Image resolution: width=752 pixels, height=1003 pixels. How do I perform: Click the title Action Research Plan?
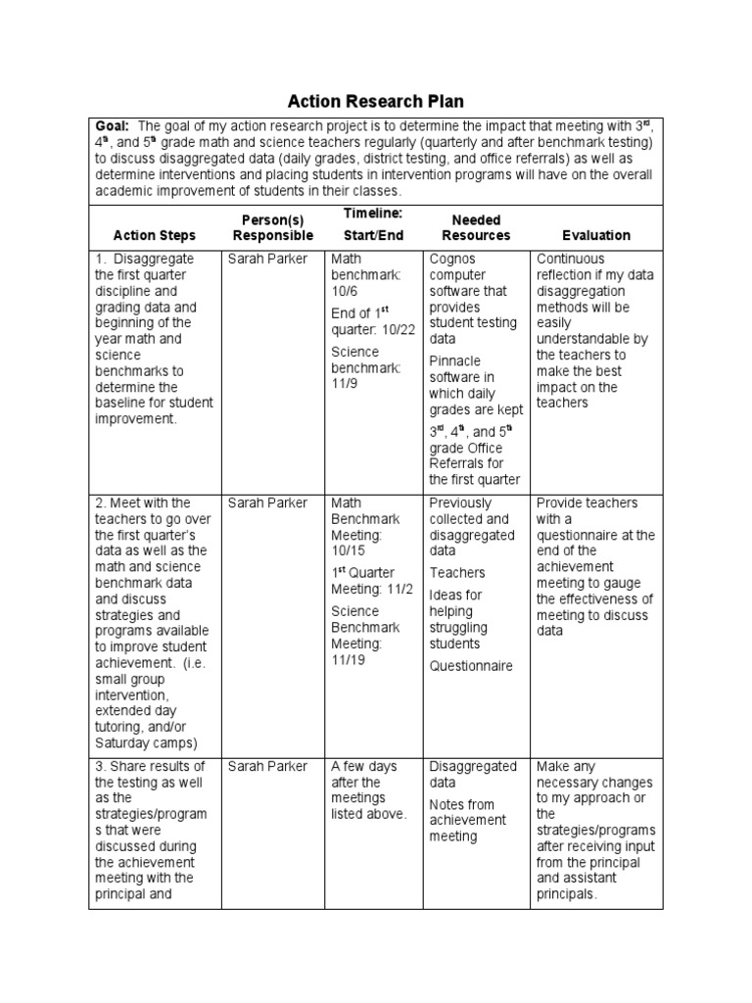(375, 102)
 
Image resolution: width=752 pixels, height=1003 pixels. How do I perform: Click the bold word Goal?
(112, 126)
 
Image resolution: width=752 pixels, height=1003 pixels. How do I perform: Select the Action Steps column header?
(155, 235)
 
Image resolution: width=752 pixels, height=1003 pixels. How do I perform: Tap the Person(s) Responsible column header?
(273, 227)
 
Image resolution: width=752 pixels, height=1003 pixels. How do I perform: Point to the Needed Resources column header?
(476, 227)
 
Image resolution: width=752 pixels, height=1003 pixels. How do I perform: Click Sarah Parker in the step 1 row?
(267, 260)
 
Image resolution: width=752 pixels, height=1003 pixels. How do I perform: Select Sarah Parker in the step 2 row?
(267, 502)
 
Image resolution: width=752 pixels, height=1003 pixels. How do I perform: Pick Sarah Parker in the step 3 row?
(267, 767)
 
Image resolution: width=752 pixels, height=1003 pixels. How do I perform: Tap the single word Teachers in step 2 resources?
(457, 573)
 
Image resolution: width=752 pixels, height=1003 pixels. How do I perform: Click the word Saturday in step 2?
(123, 741)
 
